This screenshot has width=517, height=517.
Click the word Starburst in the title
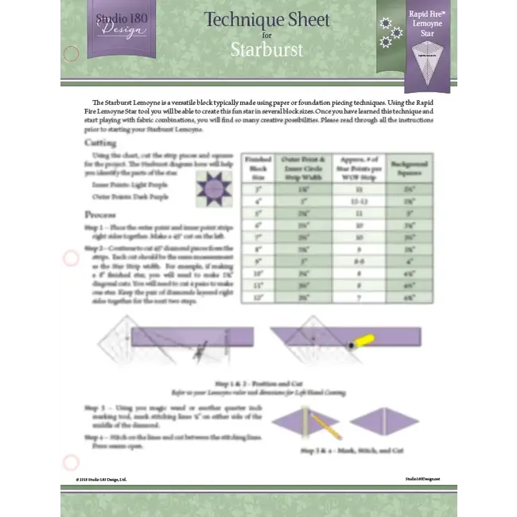pos(266,49)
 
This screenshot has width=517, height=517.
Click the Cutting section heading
pos(100,143)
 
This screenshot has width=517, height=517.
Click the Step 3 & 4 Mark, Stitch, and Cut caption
pos(352,450)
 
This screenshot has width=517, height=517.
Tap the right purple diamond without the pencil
pos(385,422)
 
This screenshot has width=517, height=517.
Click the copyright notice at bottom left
pos(101,480)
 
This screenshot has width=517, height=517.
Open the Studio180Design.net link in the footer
pos(422,479)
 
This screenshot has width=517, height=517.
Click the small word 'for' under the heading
pos(266,35)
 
